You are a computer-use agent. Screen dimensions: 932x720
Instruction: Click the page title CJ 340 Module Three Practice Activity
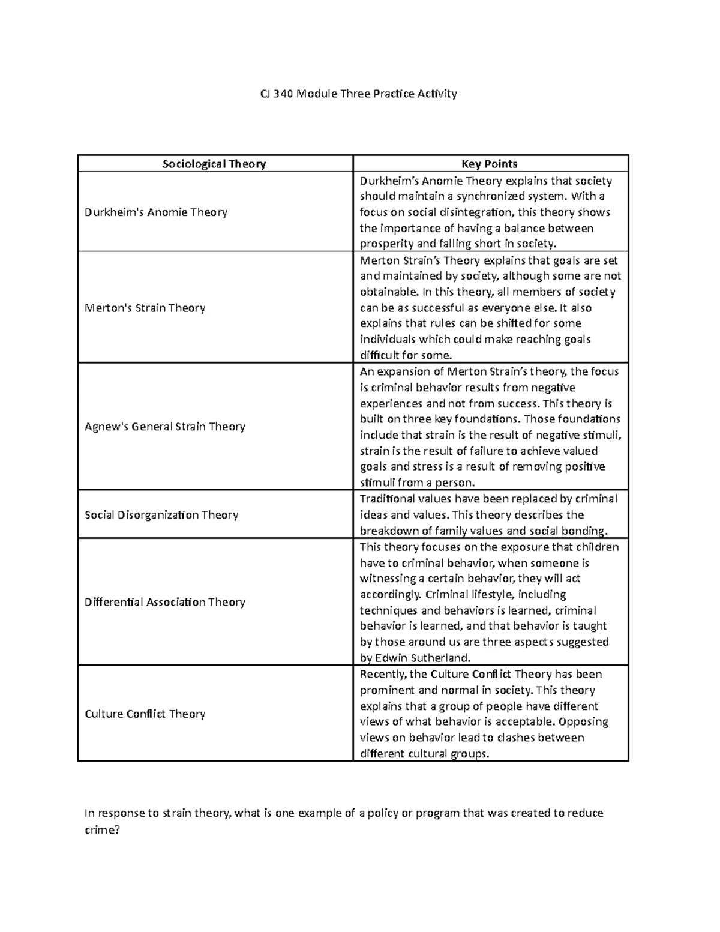click(x=358, y=94)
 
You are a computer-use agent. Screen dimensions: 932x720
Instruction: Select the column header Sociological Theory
click(x=214, y=164)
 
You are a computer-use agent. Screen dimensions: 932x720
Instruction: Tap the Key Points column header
click(x=490, y=164)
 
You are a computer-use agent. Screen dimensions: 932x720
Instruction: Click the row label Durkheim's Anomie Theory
click(x=156, y=212)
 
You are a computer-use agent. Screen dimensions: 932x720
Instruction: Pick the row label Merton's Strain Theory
click(x=145, y=308)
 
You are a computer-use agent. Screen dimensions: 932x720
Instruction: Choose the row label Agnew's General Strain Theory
click(x=165, y=427)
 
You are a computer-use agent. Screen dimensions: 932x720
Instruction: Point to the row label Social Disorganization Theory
click(x=161, y=514)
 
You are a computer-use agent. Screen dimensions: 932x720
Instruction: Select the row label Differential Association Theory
click(x=165, y=602)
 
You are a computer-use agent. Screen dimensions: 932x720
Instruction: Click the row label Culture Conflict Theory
click(x=145, y=714)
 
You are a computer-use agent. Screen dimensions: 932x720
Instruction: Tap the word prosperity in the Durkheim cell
click(x=386, y=244)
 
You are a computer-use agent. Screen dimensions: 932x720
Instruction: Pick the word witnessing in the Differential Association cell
click(x=388, y=579)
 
